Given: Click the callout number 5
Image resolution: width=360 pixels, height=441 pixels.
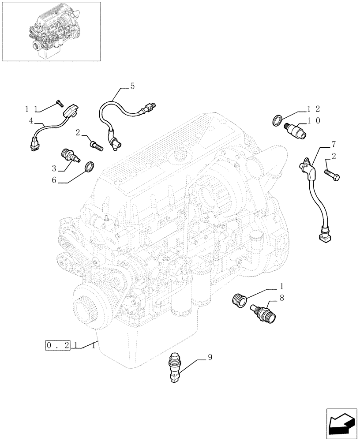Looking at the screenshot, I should click(132, 87).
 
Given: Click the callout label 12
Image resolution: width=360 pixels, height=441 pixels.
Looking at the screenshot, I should click(314, 108).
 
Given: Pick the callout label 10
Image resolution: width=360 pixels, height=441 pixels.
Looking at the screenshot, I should click(314, 120).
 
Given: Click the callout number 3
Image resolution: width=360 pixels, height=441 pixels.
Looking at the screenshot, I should click(54, 168).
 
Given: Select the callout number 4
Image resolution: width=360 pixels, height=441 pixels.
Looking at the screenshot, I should click(31, 120).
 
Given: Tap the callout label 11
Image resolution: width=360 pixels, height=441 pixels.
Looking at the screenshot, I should click(31, 108).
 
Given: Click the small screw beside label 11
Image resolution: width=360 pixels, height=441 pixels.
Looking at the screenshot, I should click(60, 104).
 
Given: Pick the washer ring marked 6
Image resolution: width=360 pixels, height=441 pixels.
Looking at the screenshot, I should click(89, 167).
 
